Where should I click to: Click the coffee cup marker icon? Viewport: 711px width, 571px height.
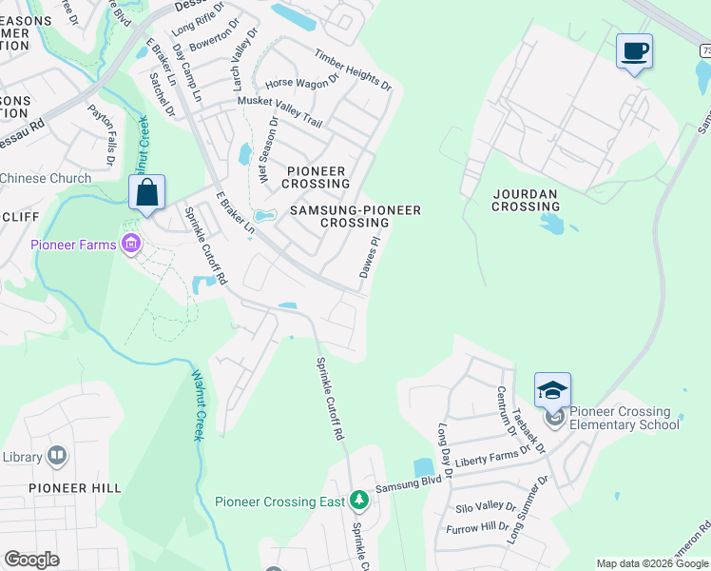pos(634,50)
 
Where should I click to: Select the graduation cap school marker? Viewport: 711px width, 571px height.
pos(552,389)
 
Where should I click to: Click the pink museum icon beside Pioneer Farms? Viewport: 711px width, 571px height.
pos(131,245)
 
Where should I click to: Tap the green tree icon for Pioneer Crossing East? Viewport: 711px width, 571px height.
pos(358,500)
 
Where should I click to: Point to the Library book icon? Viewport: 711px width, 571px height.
pos(56,457)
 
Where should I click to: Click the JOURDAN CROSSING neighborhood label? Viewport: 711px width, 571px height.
pos(525,200)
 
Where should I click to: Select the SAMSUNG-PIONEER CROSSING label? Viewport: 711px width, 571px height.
pos(355,215)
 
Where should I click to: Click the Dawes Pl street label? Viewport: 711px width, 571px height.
pos(371,258)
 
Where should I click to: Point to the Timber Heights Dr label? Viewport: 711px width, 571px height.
pos(353,70)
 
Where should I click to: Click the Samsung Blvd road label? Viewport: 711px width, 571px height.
pos(410,486)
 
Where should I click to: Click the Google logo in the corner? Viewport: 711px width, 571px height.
pos(31,560)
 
